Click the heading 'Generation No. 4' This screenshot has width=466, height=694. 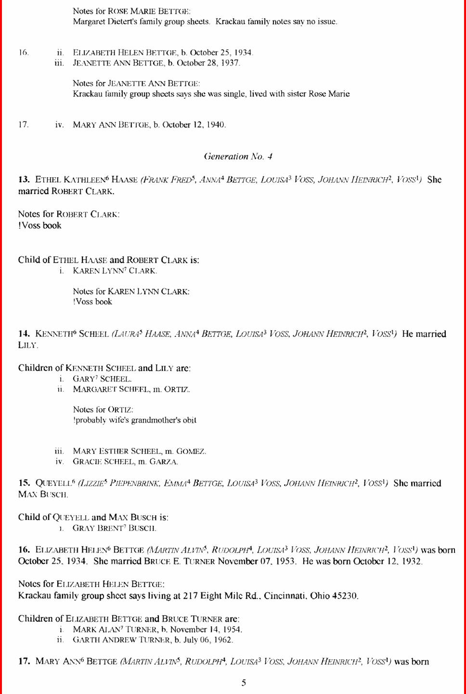pyautogui.click(x=238, y=156)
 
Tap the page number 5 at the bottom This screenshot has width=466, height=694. pyautogui.click(x=244, y=682)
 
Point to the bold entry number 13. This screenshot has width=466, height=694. pyautogui.click(x=24, y=179)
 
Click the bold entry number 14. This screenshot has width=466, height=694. pyautogui.click(x=24, y=334)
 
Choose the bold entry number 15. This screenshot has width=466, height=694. pyautogui.click(x=24, y=483)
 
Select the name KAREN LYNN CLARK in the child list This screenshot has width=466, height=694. pyautogui.click(x=115, y=270)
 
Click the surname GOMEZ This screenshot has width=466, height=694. pyautogui.click(x=191, y=451)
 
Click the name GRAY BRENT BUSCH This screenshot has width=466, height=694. pyautogui.click(x=115, y=528)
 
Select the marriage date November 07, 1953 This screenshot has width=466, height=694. pyautogui.click(x=257, y=561)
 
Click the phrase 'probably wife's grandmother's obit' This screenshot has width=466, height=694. pyautogui.click(x=135, y=420)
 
